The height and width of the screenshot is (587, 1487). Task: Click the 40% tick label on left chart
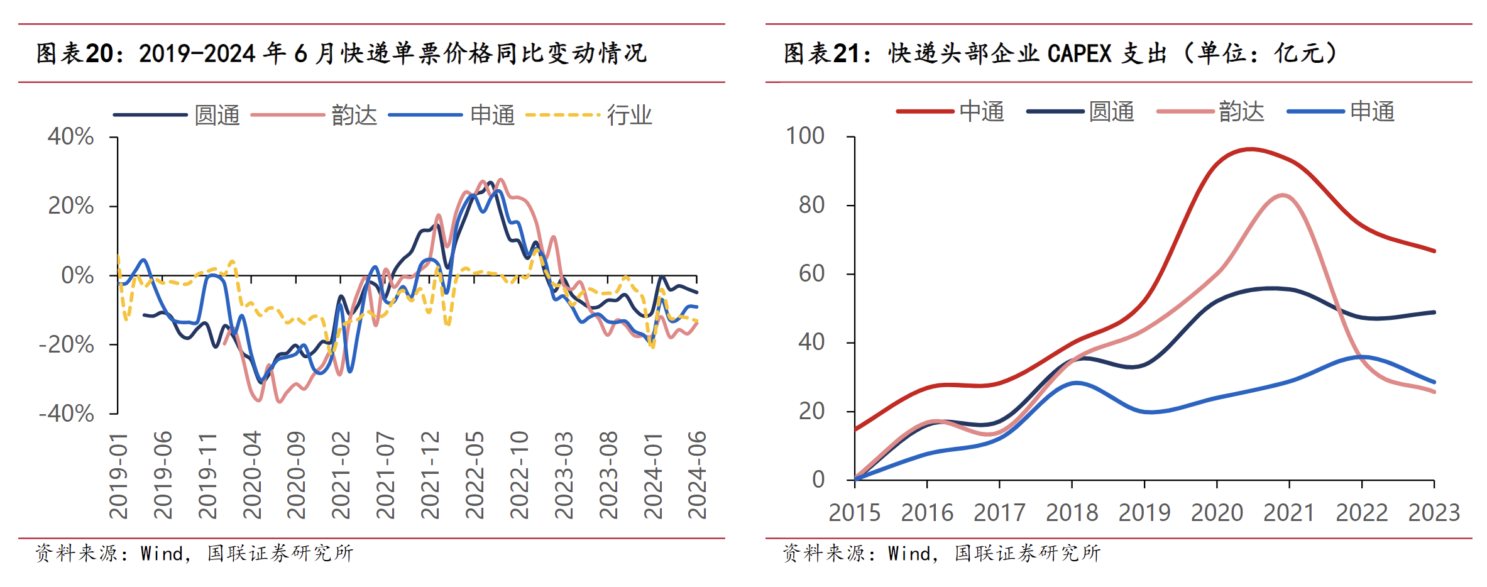pos(70,136)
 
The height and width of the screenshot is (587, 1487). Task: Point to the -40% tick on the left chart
pos(67,414)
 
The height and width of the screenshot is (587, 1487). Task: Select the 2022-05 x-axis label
pos(475,475)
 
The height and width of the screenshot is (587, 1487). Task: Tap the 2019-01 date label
pos(118,475)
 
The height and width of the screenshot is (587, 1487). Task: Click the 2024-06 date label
pos(697,475)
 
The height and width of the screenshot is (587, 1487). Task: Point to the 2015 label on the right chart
pos(854,513)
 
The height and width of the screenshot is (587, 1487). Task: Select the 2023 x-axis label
pos(1434,513)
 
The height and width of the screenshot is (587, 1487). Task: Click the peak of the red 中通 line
pos(1250,149)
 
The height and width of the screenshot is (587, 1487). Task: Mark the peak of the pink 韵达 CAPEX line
pos(1282,195)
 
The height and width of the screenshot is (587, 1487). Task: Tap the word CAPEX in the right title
pos(1079,53)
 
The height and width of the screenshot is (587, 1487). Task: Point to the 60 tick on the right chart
pos(811,273)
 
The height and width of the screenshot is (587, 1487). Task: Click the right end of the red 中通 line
pos(1434,251)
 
